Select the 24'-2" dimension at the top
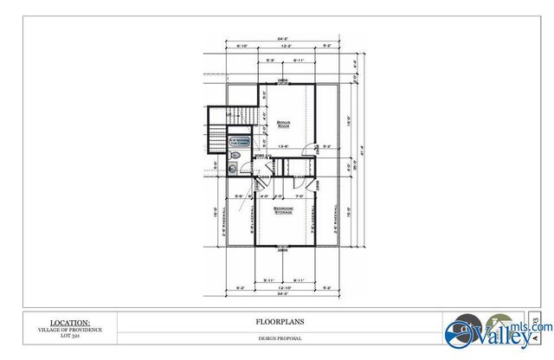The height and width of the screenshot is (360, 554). coord(283,39)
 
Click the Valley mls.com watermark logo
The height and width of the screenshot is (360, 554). coord(488,331)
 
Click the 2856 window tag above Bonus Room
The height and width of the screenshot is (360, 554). coord(282,80)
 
